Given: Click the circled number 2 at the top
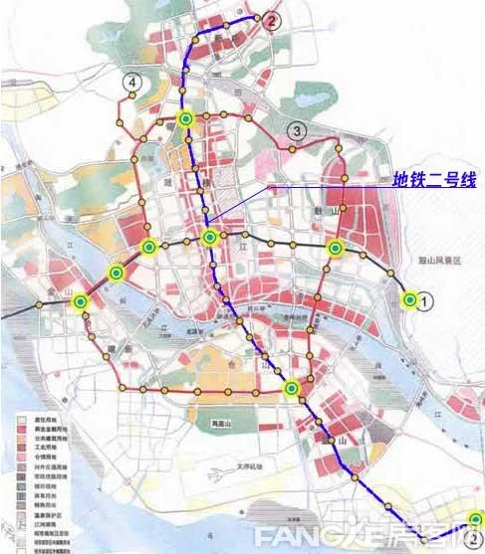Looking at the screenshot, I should (272, 18).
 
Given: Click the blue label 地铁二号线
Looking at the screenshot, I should (433, 180).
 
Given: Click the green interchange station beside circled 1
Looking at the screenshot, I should (407, 298).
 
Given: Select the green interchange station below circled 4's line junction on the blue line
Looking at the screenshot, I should (185, 119).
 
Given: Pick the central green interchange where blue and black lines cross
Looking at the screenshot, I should (209, 238).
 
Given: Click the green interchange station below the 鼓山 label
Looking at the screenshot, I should (335, 247).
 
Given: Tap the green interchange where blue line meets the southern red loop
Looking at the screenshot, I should (291, 389).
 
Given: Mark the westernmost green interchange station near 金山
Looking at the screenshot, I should (80, 301).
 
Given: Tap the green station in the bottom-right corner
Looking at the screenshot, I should (477, 518).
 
